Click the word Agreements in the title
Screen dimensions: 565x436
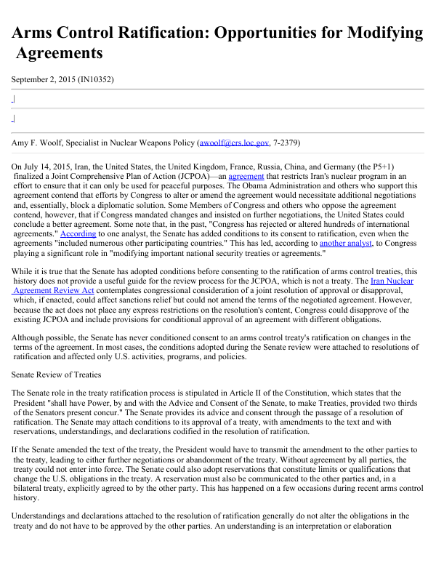point(59,53)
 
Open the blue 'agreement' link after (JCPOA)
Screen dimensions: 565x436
point(246,176)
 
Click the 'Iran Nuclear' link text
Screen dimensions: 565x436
point(392,281)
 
